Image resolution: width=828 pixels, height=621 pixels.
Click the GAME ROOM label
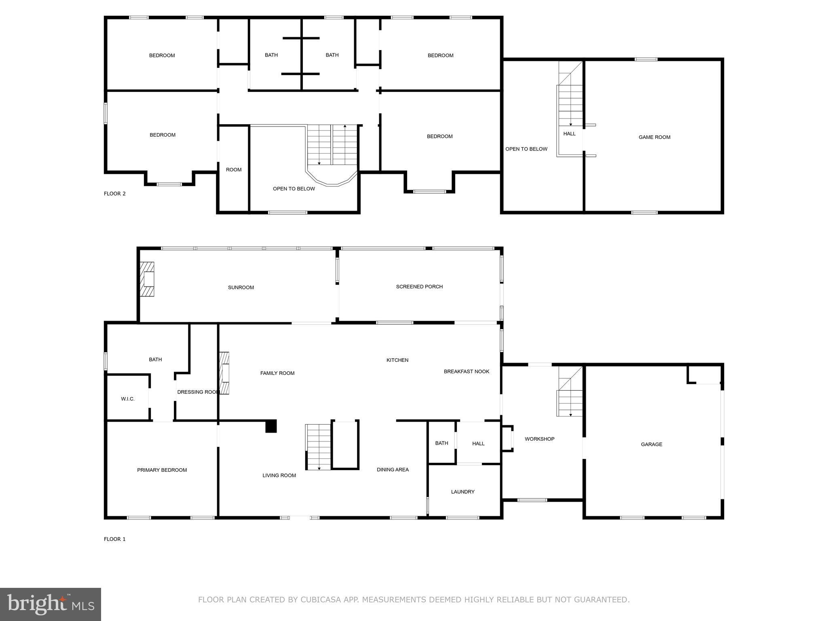click(654, 137)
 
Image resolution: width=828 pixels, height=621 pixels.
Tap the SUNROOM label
click(241, 287)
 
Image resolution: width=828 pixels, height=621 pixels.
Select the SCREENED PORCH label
click(419, 287)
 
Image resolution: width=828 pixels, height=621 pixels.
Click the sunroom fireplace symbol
click(147, 279)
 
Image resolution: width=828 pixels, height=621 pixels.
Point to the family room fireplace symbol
click(224, 373)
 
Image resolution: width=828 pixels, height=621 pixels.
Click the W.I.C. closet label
click(127, 399)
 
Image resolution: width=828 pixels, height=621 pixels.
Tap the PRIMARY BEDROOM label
click(162, 470)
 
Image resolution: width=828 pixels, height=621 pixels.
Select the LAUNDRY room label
click(463, 492)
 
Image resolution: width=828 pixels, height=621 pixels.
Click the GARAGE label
click(651, 444)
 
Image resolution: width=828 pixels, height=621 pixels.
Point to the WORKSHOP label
click(539, 439)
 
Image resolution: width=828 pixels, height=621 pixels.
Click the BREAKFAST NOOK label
click(467, 372)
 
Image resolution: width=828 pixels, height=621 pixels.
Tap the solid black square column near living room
click(271, 427)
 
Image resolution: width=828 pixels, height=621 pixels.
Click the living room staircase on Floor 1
click(318, 447)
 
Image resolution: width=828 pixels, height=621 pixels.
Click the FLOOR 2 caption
click(114, 194)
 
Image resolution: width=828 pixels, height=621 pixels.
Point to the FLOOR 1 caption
click(114, 539)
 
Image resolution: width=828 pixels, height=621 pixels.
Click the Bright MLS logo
click(50, 604)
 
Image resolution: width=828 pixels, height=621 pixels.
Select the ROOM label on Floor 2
click(233, 170)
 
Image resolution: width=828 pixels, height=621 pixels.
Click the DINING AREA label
click(393, 469)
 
